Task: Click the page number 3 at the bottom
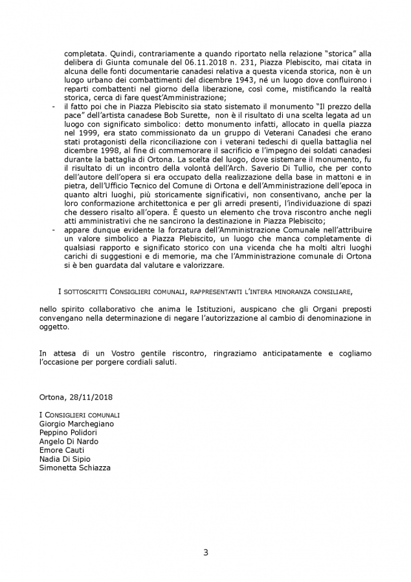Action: point(206,552)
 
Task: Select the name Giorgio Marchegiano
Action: point(76,423)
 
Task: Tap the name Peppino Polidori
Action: point(68,432)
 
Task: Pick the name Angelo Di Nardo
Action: point(69,441)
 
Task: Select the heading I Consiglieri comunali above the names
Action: point(80,415)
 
